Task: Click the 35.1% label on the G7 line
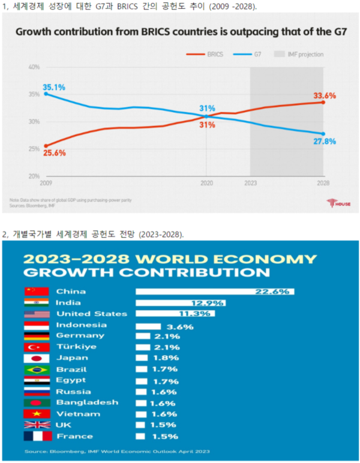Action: [x=53, y=87]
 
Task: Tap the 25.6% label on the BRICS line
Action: [x=55, y=153]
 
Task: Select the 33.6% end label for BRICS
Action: [x=324, y=95]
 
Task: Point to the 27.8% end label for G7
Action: [x=325, y=142]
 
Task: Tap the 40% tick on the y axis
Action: [x=34, y=67]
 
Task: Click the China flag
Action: [x=36, y=291]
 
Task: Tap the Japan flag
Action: [x=36, y=358]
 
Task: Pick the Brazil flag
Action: [x=36, y=369]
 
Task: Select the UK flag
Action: [x=36, y=425]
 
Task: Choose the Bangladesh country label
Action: [x=87, y=402]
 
